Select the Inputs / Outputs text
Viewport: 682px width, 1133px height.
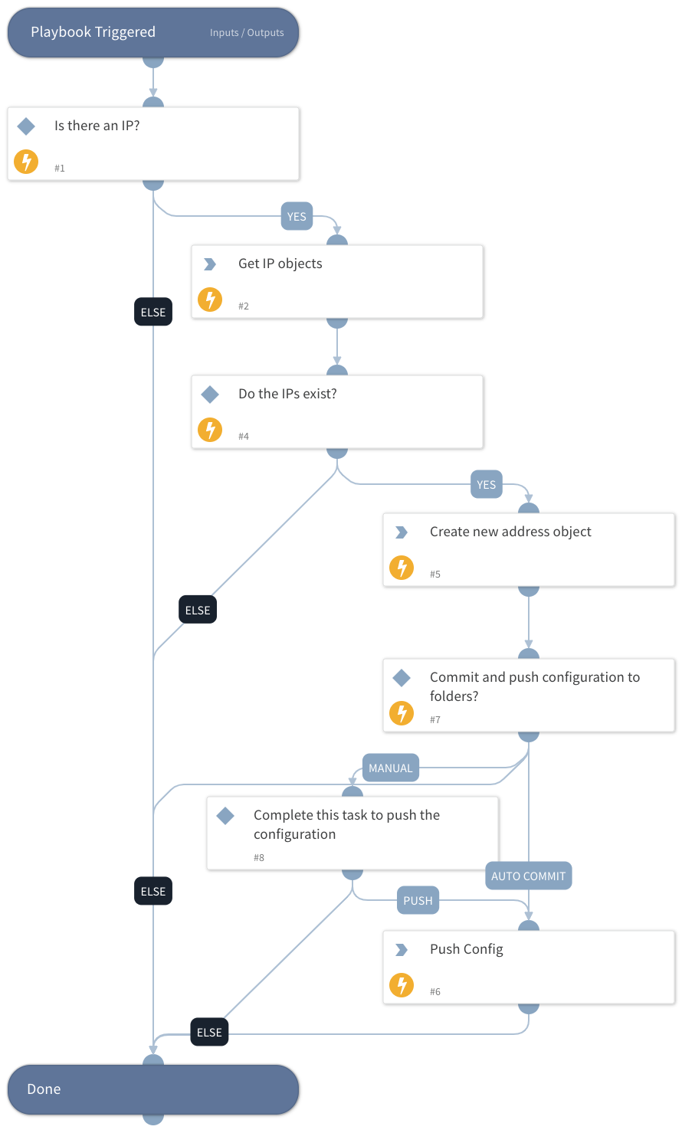tap(247, 33)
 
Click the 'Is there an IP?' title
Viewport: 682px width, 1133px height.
tap(97, 126)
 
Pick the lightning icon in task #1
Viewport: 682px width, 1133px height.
tap(26, 162)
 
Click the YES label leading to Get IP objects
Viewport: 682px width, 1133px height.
tap(297, 217)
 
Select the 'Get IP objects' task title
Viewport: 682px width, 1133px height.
tap(280, 264)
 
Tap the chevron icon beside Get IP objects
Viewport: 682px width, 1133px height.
tap(209, 264)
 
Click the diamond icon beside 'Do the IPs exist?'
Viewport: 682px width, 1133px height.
tap(210, 395)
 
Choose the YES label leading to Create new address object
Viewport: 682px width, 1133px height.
tap(486, 485)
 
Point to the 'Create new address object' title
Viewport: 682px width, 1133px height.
tap(510, 532)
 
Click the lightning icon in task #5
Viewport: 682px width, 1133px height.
tap(402, 568)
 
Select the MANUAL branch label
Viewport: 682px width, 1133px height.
tap(390, 768)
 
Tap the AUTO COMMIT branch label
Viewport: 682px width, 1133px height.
tap(528, 876)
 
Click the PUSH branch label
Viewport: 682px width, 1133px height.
tap(418, 901)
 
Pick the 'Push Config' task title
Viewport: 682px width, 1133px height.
tap(466, 949)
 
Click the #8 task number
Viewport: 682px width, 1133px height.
tap(259, 858)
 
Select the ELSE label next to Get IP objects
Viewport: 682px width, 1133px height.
tap(153, 313)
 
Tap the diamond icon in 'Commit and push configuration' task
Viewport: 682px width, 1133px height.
tap(402, 678)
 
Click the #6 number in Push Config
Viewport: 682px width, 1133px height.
tap(435, 992)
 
